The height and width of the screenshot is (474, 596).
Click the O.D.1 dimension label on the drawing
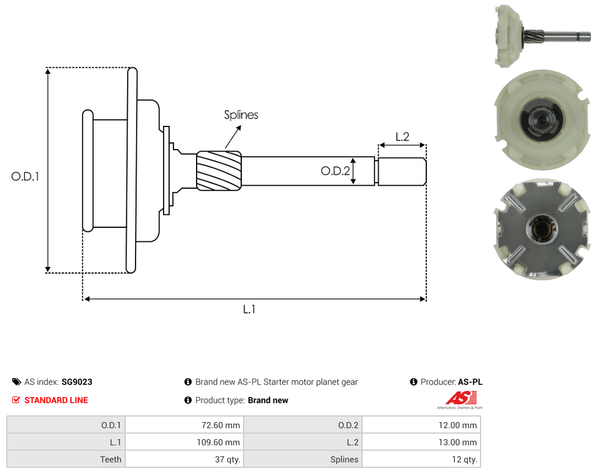pyautogui.click(x=25, y=177)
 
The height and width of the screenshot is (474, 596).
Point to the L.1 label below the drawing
pyautogui.click(x=249, y=310)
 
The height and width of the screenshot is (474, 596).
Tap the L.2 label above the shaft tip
pyautogui.click(x=402, y=137)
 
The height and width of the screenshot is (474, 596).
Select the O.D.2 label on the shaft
pyautogui.click(x=335, y=171)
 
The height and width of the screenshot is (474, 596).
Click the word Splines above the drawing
pyautogui.click(x=241, y=115)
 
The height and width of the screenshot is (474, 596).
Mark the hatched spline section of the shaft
pyautogui.click(x=219, y=170)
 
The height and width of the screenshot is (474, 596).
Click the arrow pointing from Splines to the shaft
pyautogui.click(x=233, y=137)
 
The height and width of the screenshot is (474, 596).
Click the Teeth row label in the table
pyautogui.click(x=111, y=459)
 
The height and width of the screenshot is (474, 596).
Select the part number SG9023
pyautogui.click(x=77, y=382)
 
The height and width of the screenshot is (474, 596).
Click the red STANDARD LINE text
pyautogui.click(x=56, y=400)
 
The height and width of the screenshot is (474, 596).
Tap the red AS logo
pyautogui.click(x=460, y=398)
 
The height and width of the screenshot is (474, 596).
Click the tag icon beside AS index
pyautogui.click(x=16, y=382)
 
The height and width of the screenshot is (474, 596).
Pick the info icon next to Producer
pyautogui.click(x=413, y=382)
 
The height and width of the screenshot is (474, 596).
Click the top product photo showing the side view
pyautogui.click(x=542, y=36)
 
